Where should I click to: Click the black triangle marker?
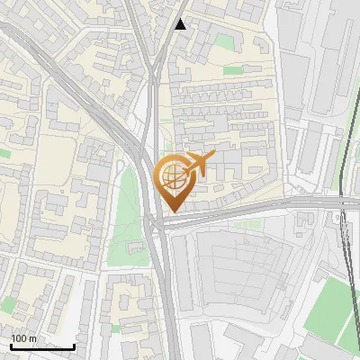tap(181, 24)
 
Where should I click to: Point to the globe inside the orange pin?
tap(171, 177)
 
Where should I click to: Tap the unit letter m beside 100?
tap(33, 338)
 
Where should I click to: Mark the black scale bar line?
tap(42, 346)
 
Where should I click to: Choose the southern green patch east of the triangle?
tap(231, 70)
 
